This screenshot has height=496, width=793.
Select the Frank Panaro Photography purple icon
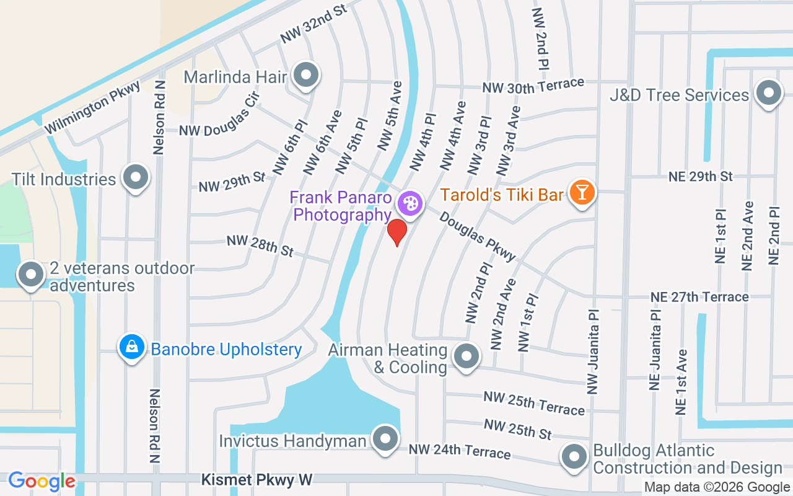click(410, 203)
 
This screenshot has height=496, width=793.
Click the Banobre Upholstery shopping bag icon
click(132, 347)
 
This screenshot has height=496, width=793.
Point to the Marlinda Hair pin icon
click(305, 75)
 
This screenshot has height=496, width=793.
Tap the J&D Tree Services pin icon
click(769, 94)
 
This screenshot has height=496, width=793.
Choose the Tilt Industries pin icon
click(135, 178)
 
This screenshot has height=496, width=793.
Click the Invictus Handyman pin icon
click(386, 439)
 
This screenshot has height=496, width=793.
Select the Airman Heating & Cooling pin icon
click(465, 356)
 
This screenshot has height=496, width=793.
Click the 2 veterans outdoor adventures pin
click(31, 274)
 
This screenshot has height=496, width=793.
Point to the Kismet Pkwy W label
click(257, 480)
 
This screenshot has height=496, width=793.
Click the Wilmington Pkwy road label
click(93, 107)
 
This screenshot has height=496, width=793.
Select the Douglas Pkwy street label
click(478, 236)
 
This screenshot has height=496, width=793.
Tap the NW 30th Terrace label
click(533, 85)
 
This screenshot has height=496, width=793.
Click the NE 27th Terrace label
click(699, 297)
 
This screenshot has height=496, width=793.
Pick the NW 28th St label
click(260, 246)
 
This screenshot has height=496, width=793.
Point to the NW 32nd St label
click(313, 25)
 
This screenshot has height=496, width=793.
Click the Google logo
click(42, 480)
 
